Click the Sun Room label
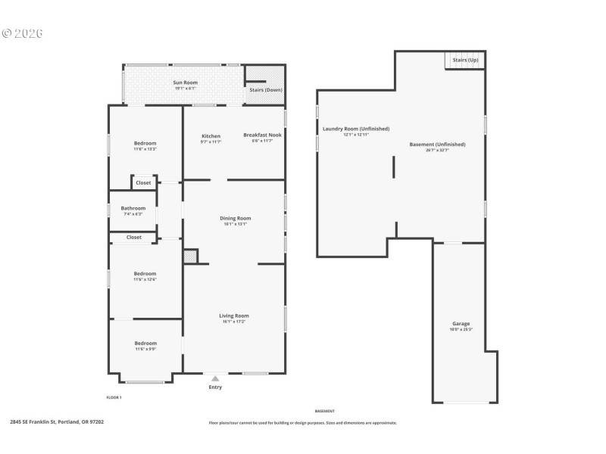pos(185,82)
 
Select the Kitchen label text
pos(211,136)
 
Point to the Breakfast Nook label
pos(262,135)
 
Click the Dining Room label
pos(236,218)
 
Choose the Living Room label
pos(235,316)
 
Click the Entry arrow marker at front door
pos(216,378)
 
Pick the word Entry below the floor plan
pos(216,387)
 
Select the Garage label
pos(461,323)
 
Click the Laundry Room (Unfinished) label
pos(356,129)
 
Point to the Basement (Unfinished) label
pos(437,144)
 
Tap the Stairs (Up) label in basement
pos(465,59)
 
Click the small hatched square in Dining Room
pos(190,257)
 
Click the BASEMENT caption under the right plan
pos(325,411)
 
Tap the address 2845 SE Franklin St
pos(57,422)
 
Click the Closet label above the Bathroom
pos(143,182)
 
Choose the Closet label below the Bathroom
pos(134,238)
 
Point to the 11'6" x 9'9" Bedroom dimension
pos(145,349)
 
